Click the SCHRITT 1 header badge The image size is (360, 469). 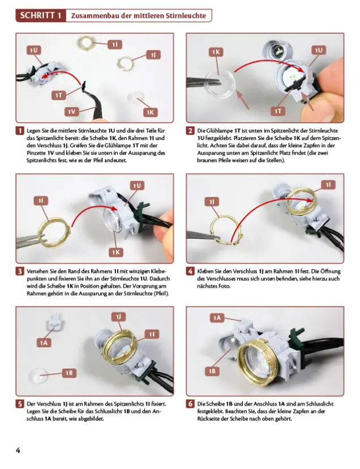[41, 15]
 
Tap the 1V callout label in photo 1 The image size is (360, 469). [71, 112]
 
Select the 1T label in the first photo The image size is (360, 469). [58, 95]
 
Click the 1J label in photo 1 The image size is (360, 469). [153, 55]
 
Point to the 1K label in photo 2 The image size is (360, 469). [216, 52]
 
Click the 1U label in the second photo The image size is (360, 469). [319, 50]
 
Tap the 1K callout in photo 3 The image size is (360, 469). [116, 252]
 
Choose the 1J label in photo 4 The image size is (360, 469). [212, 202]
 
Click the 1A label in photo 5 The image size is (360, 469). [44, 343]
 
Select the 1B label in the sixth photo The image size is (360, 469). [212, 371]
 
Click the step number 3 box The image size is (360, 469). [20, 271]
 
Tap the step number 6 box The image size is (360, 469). [190, 404]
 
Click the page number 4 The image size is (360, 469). [18, 450]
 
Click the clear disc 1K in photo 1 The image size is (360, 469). [136, 97]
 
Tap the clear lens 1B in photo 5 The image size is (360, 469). [38, 376]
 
